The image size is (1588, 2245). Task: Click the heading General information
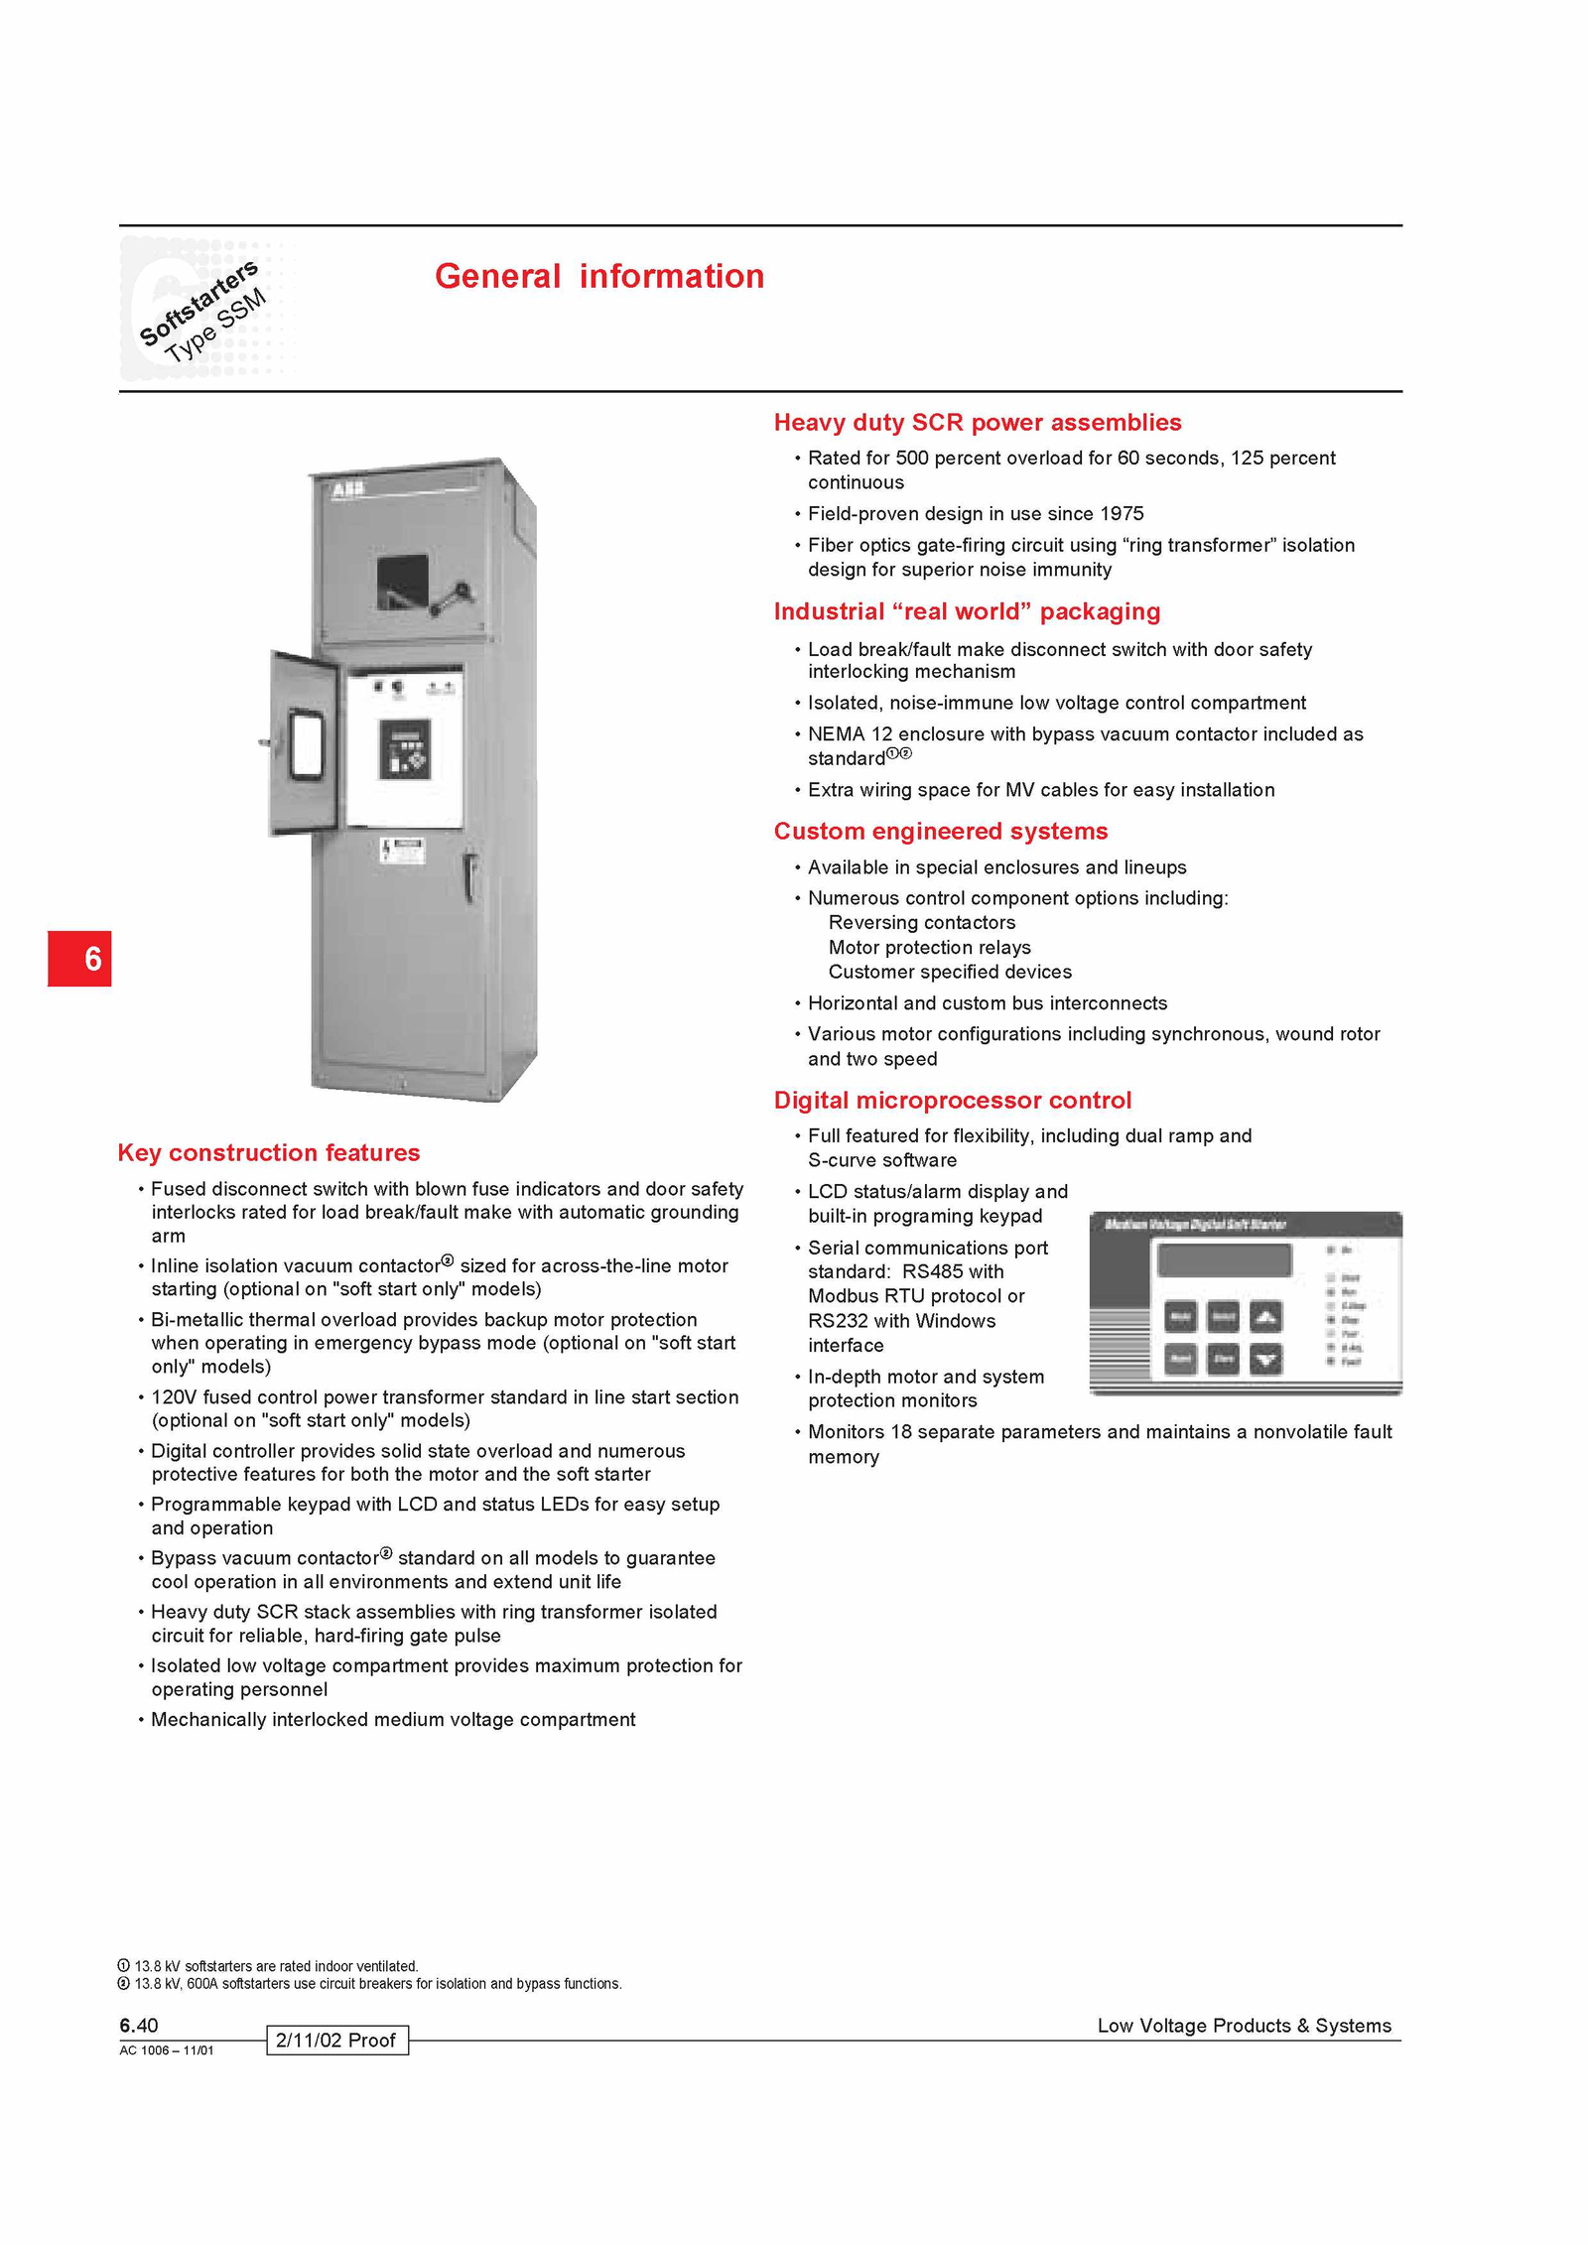599,276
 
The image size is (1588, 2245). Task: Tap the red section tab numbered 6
79,958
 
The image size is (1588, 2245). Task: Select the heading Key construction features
268,1152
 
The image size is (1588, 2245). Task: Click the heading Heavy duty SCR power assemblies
977,423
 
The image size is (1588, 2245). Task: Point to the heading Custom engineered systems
940,832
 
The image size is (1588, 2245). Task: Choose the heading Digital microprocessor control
952,1100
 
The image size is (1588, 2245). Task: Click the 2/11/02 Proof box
336,2040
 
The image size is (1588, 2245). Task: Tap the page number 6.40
139,2025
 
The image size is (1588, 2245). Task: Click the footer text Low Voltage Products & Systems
1244,2026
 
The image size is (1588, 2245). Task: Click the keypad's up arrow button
1265,1317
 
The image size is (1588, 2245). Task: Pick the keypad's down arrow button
1265,1360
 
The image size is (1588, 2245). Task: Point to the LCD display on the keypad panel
1225,1260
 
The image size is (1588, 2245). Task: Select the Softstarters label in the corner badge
198,303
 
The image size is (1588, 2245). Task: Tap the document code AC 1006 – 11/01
166,2050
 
